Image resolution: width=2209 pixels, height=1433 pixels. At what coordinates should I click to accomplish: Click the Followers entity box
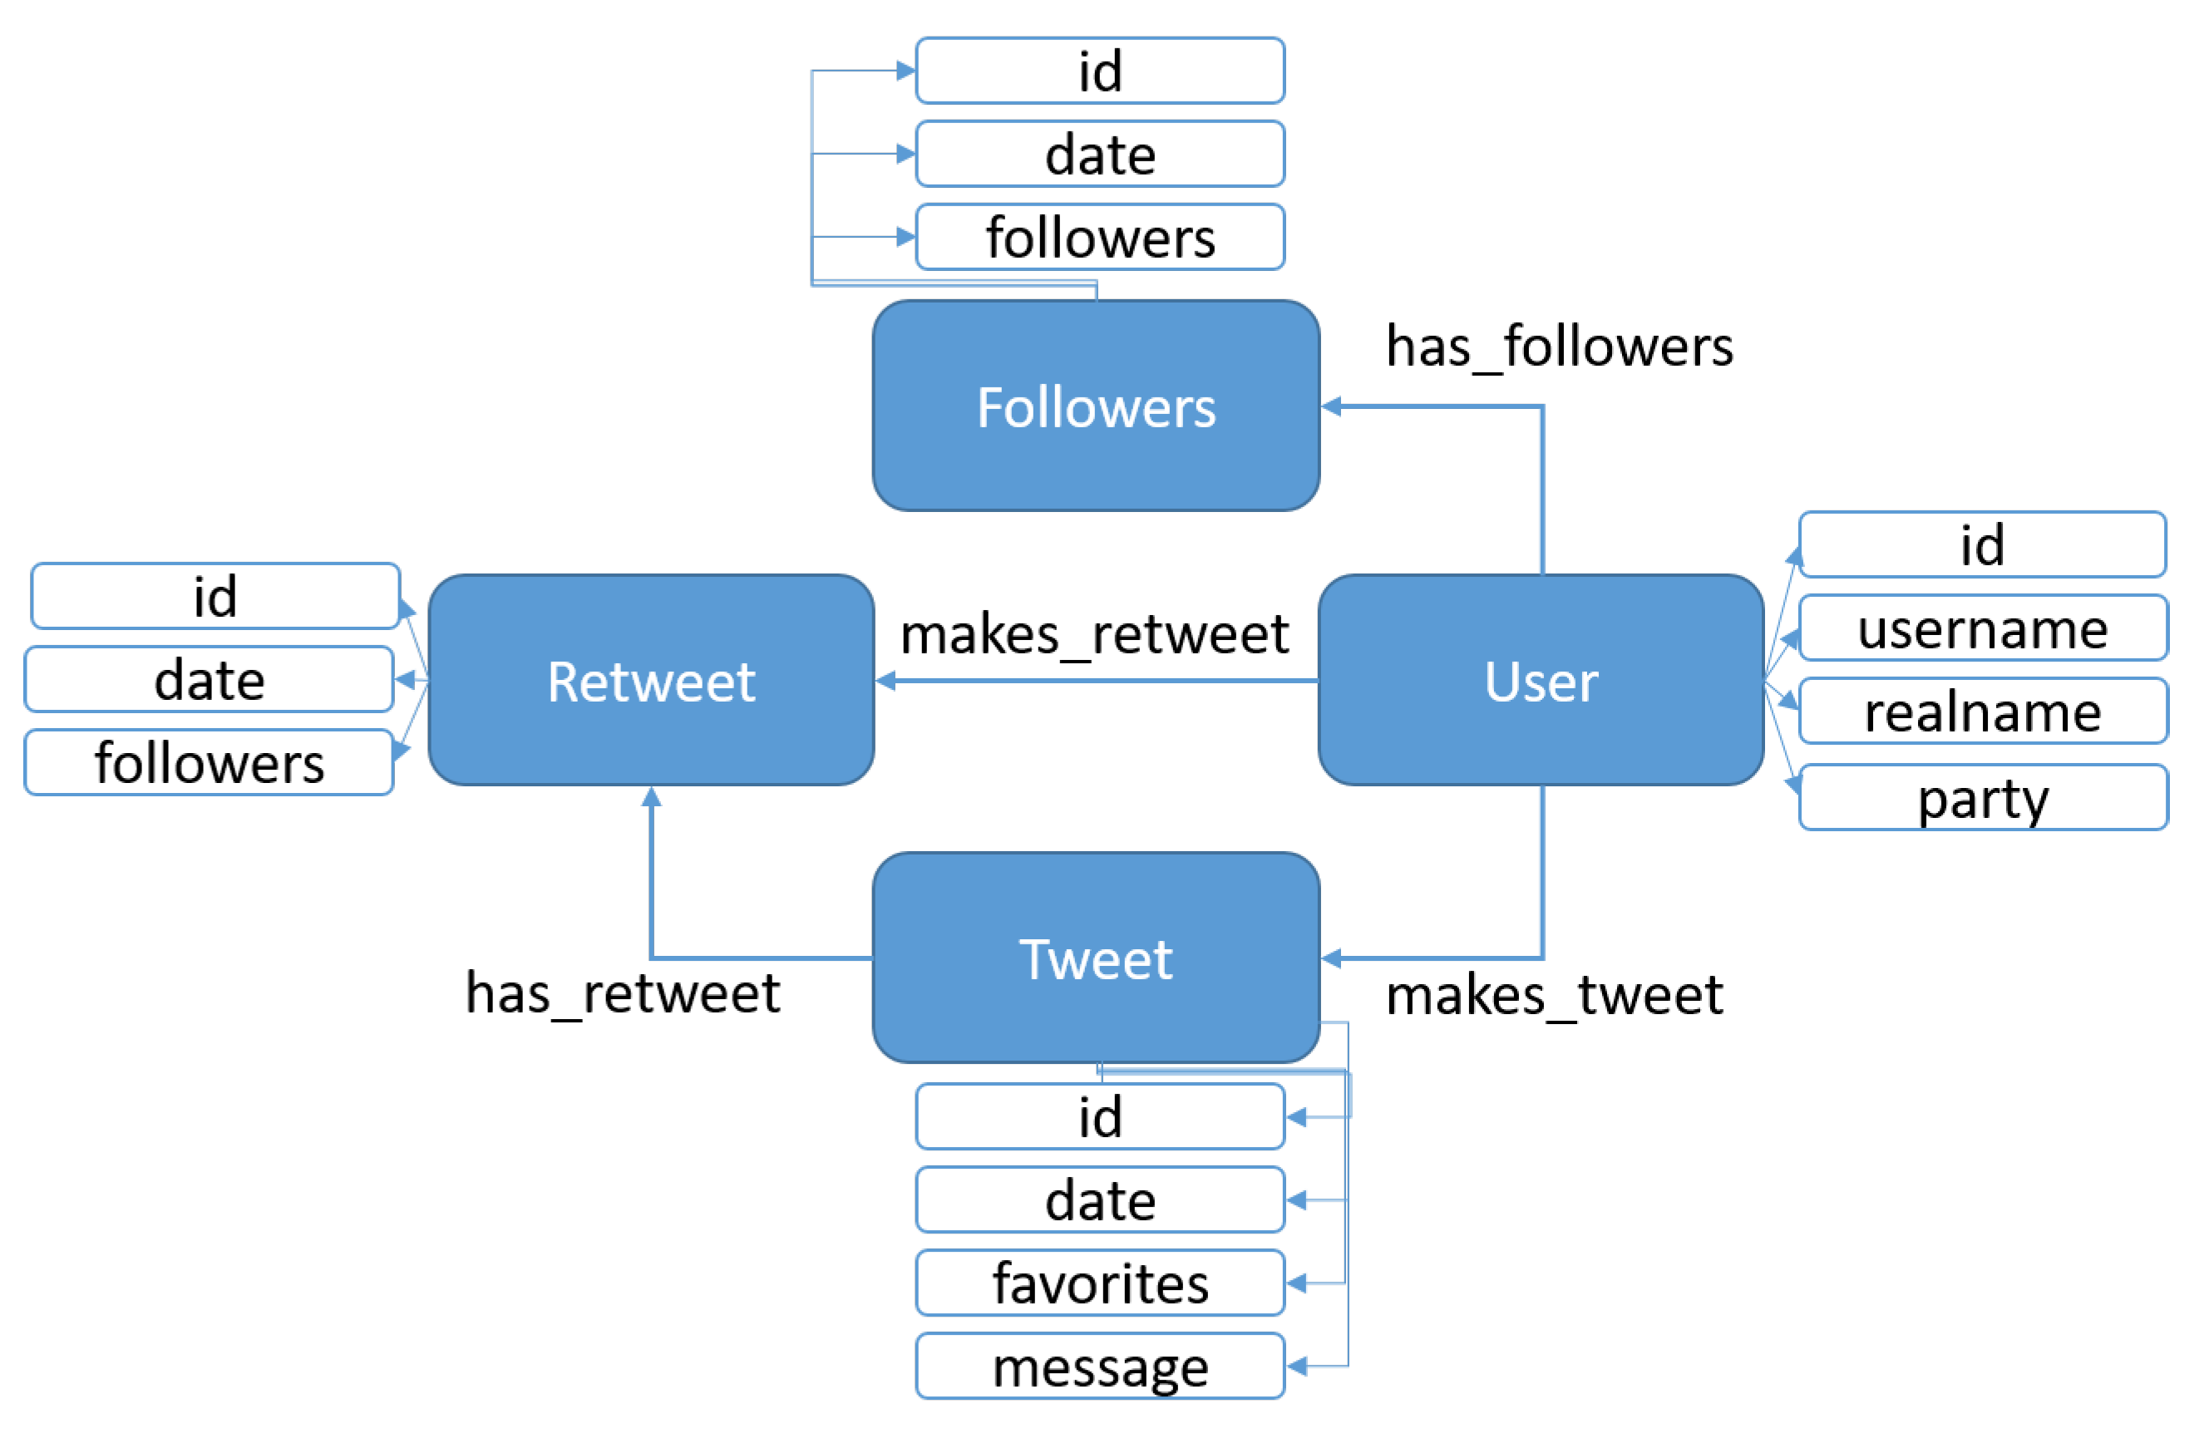click(x=1095, y=406)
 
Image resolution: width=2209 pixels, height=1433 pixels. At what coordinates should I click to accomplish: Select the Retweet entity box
click(x=651, y=680)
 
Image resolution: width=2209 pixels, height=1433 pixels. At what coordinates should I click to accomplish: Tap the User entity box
click(x=1541, y=680)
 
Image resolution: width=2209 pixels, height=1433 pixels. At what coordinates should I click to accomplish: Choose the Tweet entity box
click(x=1095, y=957)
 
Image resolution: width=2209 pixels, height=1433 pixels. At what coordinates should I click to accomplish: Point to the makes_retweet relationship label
click(x=1094, y=635)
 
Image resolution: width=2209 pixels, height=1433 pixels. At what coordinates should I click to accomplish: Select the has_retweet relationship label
click(x=622, y=994)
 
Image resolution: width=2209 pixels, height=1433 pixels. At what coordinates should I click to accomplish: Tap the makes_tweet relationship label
click(x=1554, y=996)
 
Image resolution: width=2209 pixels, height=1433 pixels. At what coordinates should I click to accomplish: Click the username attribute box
click(x=1983, y=628)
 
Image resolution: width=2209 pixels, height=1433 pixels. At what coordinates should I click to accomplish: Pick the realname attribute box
click(x=1983, y=711)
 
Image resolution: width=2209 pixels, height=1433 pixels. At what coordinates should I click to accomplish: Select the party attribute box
click(x=1983, y=797)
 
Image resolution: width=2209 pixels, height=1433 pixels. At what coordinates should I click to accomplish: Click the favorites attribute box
click(x=1100, y=1283)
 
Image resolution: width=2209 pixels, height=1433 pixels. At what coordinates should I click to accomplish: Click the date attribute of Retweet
click(x=209, y=679)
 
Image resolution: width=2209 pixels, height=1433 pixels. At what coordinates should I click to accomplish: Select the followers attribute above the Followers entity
click(x=1100, y=237)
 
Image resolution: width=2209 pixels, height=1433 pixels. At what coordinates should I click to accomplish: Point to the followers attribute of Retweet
click(x=209, y=762)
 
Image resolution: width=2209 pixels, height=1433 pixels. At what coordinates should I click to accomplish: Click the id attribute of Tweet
click(x=1100, y=1116)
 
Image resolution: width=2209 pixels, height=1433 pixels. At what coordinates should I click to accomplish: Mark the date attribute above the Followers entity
click(x=1100, y=154)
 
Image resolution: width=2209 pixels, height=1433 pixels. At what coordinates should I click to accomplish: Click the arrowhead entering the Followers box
click(x=1331, y=406)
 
